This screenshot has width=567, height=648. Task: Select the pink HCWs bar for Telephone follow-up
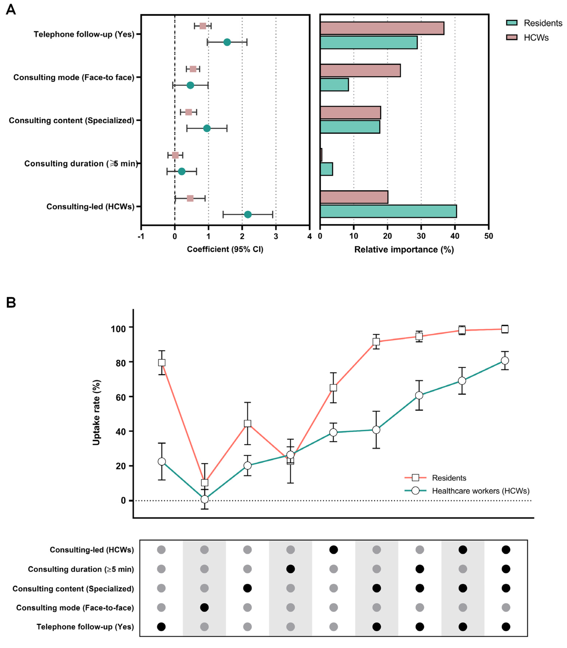click(x=382, y=28)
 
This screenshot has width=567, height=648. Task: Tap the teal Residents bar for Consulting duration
click(x=326, y=169)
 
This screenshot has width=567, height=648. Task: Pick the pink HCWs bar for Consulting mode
click(x=360, y=70)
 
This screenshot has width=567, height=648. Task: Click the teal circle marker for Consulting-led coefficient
click(x=248, y=215)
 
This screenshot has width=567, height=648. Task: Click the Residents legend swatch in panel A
click(x=512, y=23)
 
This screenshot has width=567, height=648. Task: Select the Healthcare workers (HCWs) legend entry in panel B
click(x=480, y=491)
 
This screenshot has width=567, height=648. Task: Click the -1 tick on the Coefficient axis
click(x=141, y=236)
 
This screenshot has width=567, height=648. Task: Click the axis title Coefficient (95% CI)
click(x=225, y=249)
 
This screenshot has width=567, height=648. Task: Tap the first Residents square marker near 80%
click(x=162, y=362)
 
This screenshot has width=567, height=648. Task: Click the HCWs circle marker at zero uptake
click(x=205, y=499)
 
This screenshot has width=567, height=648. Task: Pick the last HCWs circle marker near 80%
click(x=505, y=361)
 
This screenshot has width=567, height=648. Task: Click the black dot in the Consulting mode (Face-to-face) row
click(x=204, y=608)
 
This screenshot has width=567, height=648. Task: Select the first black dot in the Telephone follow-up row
click(x=161, y=627)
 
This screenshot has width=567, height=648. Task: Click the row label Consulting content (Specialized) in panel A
click(x=72, y=121)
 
